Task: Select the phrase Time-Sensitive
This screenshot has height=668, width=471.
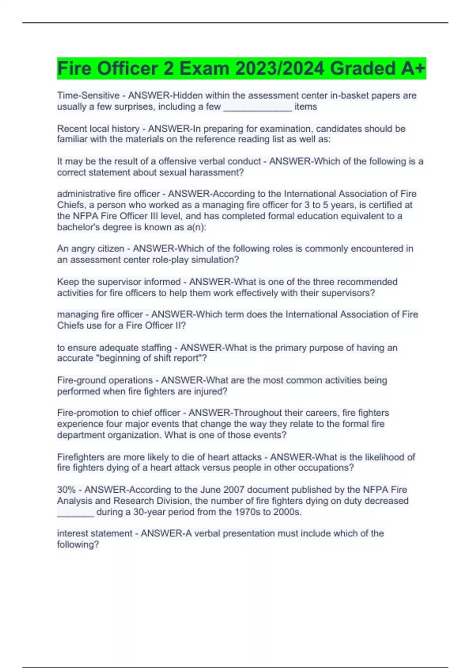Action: point(88,95)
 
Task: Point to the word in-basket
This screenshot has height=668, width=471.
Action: point(351,95)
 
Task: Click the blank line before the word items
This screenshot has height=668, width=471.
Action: point(257,107)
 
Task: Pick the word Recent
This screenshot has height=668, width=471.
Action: point(70,129)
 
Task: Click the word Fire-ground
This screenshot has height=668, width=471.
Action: point(80,380)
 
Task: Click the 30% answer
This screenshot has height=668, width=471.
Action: point(66,490)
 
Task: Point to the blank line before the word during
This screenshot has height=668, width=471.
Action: point(75,513)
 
